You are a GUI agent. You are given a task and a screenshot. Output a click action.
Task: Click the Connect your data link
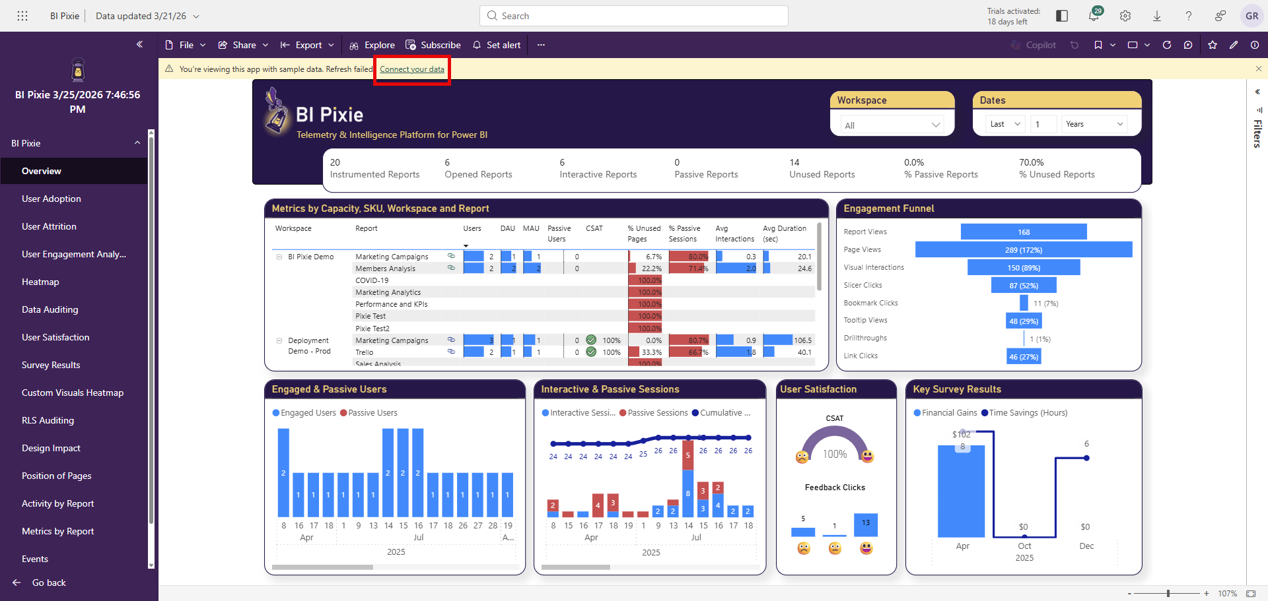(x=411, y=69)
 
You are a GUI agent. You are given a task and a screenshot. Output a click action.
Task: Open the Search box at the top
(x=634, y=16)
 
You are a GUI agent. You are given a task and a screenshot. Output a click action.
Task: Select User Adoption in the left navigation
(x=52, y=199)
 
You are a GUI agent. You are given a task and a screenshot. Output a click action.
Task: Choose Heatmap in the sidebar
(x=40, y=282)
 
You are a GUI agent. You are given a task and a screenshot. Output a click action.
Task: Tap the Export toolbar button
(x=308, y=45)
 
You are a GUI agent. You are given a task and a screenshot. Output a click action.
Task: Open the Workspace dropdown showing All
(x=892, y=125)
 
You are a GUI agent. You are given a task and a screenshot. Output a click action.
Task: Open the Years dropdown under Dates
(x=1094, y=124)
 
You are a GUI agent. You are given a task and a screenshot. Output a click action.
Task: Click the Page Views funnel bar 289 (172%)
(x=1024, y=250)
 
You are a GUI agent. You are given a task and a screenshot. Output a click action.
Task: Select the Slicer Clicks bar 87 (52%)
(x=1024, y=286)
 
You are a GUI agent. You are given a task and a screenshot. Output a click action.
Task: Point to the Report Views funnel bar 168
(x=1024, y=232)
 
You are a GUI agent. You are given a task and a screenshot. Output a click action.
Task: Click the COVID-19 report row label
(x=372, y=280)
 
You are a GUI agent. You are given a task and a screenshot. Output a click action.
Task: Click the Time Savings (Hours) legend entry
(x=1028, y=413)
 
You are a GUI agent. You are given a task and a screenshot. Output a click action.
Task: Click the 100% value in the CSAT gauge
(x=835, y=455)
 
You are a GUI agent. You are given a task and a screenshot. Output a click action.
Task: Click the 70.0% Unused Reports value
(x=1032, y=162)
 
